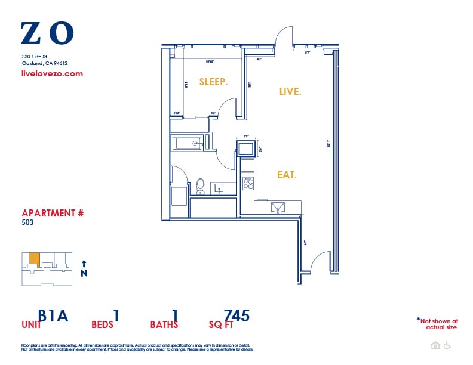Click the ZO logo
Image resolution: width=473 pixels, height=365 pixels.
[x=47, y=33]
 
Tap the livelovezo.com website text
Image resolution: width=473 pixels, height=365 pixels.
[x=52, y=74]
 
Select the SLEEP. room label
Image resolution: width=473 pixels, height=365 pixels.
[x=213, y=82]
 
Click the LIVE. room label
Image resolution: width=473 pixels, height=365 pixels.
[x=290, y=91]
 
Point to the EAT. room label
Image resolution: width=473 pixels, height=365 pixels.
[x=287, y=175]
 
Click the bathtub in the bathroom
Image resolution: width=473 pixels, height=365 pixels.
[x=188, y=143]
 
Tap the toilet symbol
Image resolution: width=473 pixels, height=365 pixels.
[x=201, y=187]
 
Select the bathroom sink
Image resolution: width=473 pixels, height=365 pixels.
[x=218, y=188]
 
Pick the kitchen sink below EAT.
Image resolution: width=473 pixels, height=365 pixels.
[x=278, y=206]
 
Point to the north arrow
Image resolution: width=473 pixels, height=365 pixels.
[x=84, y=267]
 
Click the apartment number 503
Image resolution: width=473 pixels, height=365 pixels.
[x=27, y=222]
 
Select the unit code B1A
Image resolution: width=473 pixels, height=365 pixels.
[x=53, y=315]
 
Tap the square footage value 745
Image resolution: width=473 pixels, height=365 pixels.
[x=236, y=315]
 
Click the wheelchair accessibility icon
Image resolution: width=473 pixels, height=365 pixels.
[x=447, y=345]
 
